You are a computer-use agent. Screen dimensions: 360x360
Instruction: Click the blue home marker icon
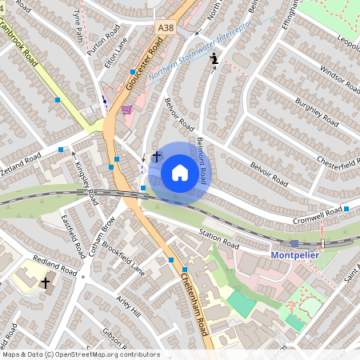(179, 172)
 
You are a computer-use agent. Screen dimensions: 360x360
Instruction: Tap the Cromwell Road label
(317, 214)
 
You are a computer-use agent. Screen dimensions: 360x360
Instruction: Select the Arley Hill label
(129, 304)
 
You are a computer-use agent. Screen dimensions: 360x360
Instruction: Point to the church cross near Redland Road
(46, 282)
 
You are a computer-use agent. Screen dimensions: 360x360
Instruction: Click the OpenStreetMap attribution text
(81, 354)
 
